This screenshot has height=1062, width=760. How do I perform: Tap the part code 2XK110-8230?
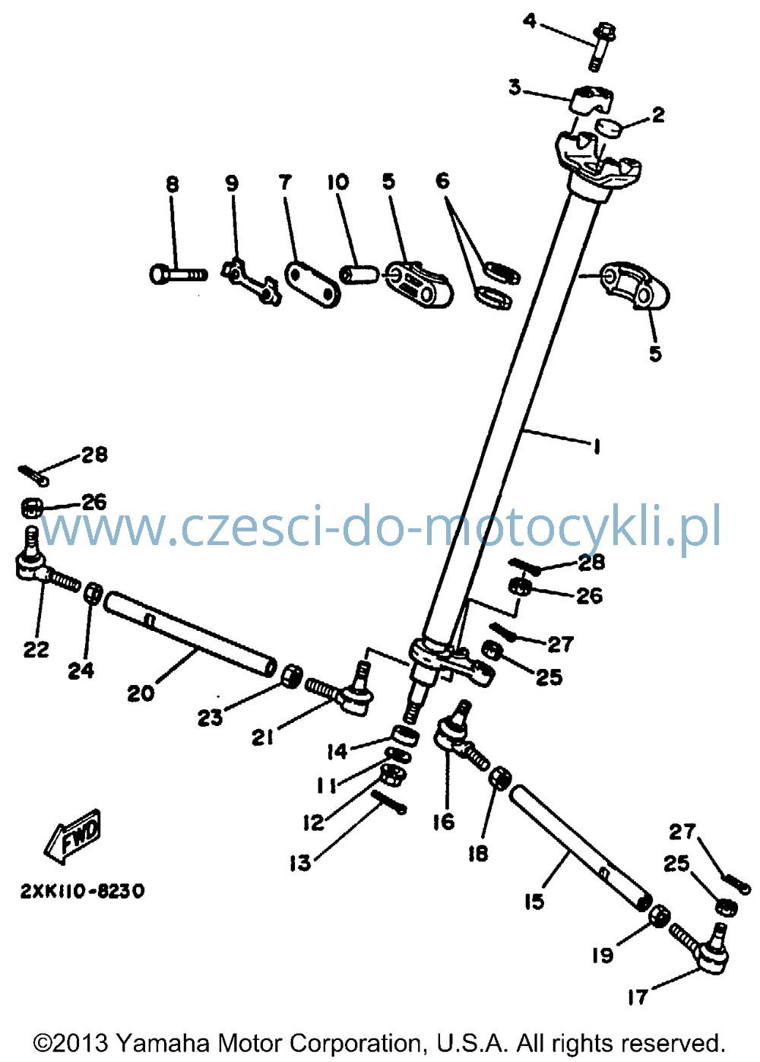[82, 891]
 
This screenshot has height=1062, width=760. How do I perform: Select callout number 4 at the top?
[530, 21]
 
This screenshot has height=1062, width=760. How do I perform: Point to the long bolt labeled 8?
[179, 274]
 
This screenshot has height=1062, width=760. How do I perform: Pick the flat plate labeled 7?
[312, 284]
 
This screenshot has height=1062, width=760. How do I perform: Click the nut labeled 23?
[292, 676]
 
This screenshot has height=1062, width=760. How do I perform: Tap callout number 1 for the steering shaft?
[597, 446]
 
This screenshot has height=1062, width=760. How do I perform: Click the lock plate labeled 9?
[252, 281]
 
